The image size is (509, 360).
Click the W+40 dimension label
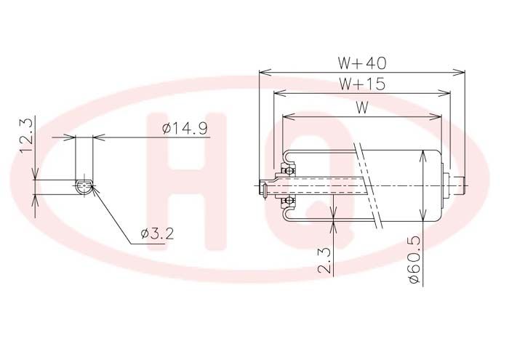click(362, 63)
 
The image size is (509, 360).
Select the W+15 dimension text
click(362, 84)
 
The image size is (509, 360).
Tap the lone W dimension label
click(362, 108)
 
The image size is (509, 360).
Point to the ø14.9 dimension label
click(185, 129)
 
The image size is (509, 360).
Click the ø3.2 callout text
click(157, 233)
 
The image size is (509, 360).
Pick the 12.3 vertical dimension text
click(26, 135)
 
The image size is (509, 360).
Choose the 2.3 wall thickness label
click(324, 260)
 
